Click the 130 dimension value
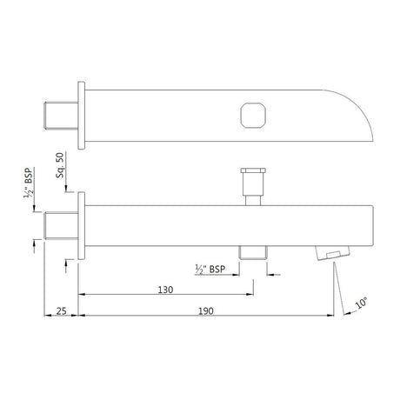165,289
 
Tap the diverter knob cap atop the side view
251,174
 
